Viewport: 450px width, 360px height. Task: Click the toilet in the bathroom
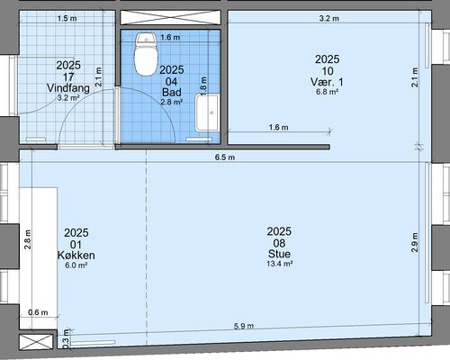(x=146, y=54)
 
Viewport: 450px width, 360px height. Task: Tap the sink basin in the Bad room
(x=207, y=113)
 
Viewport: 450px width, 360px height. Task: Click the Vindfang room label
(x=68, y=88)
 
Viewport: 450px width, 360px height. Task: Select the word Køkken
(x=76, y=255)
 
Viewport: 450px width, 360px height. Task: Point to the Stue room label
(x=279, y=254)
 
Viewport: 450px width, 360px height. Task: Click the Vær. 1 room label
(x=327, y=82)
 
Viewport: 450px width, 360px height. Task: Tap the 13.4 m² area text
(x=280, y=264)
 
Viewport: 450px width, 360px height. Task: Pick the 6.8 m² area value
(x=327, y=92)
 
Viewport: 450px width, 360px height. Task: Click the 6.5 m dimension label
(x=225, y=157)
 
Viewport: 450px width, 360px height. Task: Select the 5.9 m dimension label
(x=244, y=326)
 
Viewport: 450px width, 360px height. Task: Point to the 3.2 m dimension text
(x=329, y=18)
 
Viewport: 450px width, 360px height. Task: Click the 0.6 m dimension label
(x=38, y=312)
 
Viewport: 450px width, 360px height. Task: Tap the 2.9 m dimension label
(x=415, y=242)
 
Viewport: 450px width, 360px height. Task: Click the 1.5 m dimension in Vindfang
(x=67, y=18)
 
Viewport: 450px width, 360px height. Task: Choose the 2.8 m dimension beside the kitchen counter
(x=28, y=239)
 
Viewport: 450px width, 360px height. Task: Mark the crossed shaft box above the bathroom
(x=171, y=17)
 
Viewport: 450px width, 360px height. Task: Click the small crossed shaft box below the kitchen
(x=36, y=342)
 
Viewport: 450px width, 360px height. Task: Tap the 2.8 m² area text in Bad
(x=172, y=103)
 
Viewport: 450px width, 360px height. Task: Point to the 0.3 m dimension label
(x=66, y=339)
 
